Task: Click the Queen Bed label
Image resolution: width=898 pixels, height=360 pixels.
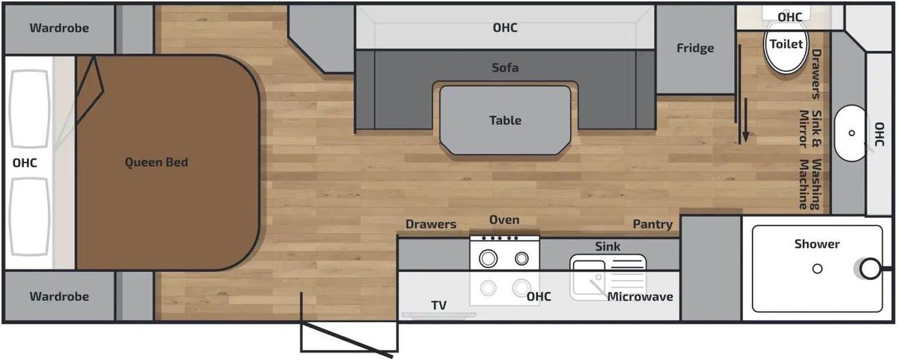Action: coord(156,162)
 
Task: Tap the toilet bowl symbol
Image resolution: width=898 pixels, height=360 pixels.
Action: coord(786,46)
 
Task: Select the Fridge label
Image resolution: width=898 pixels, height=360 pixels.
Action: coord(695,48)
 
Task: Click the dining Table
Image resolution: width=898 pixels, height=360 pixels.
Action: coord(505,120)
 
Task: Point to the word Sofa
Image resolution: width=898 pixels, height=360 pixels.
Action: coord(505,67)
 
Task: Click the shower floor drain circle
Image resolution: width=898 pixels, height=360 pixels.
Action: coord(817,269)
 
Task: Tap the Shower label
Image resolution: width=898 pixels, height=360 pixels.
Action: coord(817,244)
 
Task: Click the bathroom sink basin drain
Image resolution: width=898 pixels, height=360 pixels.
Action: coord(852,133)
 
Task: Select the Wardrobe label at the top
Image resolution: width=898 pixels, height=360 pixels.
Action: coord(59,28)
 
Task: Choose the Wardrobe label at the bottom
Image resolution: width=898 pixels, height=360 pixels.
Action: coord(59,296)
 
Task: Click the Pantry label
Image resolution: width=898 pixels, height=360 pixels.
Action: coord(653,224)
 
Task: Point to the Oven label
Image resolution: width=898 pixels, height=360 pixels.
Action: coord(504,220)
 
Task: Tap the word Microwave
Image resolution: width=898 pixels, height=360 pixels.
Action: coord(641,296)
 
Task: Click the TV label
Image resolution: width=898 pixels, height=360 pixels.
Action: coord(439,305)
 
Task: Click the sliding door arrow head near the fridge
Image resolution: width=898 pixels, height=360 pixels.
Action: coord(745,137)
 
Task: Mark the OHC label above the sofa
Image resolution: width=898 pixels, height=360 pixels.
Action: coord(505,28)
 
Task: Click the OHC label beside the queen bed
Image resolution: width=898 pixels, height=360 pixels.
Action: coord(25,162)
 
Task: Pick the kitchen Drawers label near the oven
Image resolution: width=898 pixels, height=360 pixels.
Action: coord(431,224)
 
